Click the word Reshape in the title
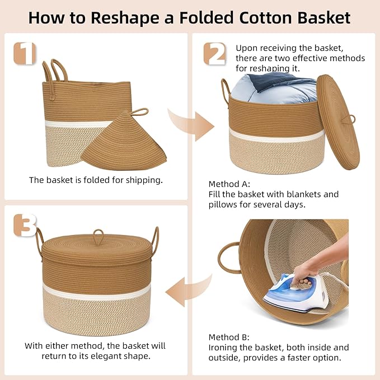pyautogui.click(x=125, y=18)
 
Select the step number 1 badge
pyautogui.click(x=25, y=53)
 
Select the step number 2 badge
pyautogui.click(x=214, y=54)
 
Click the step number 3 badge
pyautogui.click(x=25, y=226)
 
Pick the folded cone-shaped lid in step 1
pyautogui.click(x=124, y=140)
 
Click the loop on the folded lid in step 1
pyautogui.click(x=139, y=112)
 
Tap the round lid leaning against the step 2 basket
pyautogui.click(x=338, y=122)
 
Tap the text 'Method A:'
pyautogui.click(x=229, y=184)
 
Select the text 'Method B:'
pyautogui.click(x=229, y=337)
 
